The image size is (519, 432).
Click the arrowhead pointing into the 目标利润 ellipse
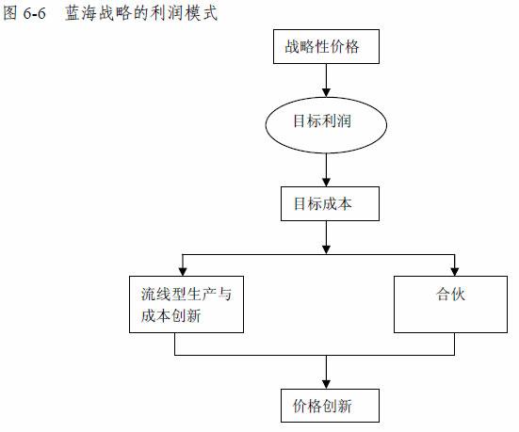coord(326,92)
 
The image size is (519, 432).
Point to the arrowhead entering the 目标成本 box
coord(326,183)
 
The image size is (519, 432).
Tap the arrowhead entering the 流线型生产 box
coord(183,272)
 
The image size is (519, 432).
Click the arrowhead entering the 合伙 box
coord(454,272)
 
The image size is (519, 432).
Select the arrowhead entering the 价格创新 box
coord(326,384)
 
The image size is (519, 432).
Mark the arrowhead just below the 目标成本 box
coord(326,250)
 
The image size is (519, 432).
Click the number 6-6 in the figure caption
coord(35,13)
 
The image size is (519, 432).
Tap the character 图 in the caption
coord(10,13)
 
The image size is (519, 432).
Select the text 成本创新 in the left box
coord(170,315)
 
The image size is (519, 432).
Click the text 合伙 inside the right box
coord(450,294)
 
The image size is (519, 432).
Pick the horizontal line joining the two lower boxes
coord(315,355)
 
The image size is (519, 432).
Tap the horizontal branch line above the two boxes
coord(318,255)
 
